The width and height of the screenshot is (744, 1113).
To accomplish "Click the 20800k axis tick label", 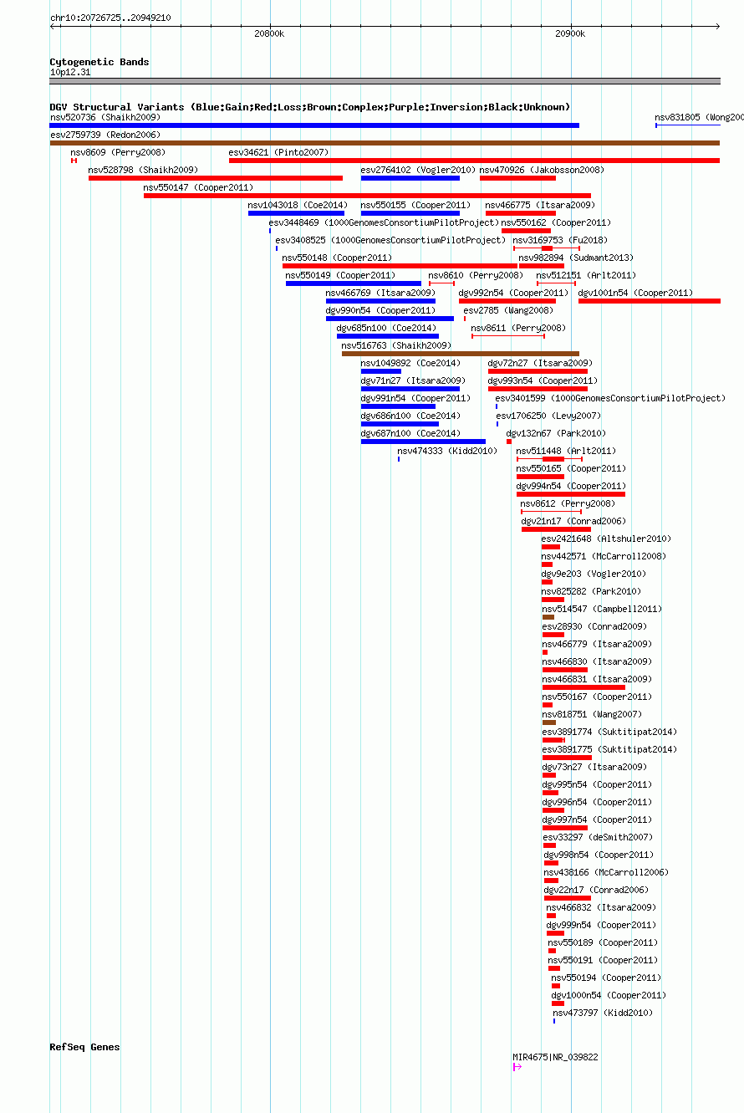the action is coord(269,33).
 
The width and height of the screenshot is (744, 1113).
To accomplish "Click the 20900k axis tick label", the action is coord(570,33).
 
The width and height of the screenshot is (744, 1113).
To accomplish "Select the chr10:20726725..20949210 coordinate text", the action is coord(110,18).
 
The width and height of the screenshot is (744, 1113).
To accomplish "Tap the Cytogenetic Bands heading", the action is coord(99,62).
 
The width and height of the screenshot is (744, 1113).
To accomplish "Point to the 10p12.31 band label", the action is coord(70,72).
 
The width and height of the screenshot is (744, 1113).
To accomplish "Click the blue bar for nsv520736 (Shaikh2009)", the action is coord(314,125).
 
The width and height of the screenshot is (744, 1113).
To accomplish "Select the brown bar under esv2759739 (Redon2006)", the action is coord(385,143).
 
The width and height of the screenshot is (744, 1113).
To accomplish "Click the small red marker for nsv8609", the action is coord(74,161).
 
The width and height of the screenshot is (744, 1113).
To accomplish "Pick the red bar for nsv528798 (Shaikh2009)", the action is coord(216,178).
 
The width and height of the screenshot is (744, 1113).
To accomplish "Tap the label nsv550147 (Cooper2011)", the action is coord(198,187).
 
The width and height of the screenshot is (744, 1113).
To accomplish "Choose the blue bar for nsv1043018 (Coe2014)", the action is coord(296,213).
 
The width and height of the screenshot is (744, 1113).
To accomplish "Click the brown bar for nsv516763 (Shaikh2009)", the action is coord(461,354).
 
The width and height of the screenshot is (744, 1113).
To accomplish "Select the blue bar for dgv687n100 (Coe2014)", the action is coord(423,442).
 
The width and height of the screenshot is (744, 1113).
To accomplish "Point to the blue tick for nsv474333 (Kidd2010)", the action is coord(398,459).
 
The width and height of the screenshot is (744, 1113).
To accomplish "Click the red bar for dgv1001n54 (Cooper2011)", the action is coord(650,301).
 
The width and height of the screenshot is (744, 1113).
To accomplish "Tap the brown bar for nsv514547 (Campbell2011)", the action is coord(548,617).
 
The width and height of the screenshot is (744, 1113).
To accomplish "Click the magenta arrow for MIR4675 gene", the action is coord(517,1067).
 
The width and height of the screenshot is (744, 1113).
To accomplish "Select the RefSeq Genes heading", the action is coord(84,1047).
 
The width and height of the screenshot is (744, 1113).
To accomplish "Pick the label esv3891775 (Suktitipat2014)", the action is coord(609,749).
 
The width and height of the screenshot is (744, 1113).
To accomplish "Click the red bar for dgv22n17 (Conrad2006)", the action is coord(567,898).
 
